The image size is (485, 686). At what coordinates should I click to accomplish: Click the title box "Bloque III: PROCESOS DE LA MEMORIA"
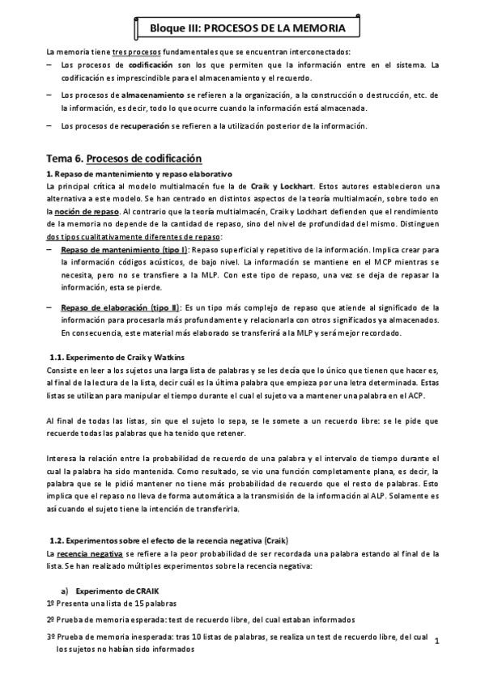pos(242,28)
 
